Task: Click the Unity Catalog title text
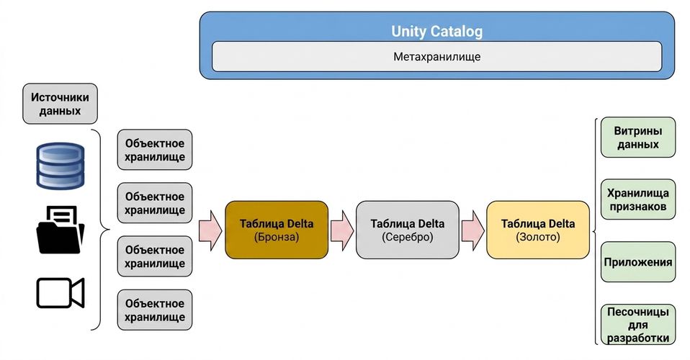point(437,31)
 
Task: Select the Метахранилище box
point(437,56)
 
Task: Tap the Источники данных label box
point(60,104)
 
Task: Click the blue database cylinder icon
point(61,166)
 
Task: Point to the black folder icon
point(60,230)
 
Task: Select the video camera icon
point(61,293)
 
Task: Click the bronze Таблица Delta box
point(277,230)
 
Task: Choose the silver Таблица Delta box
point(408,230)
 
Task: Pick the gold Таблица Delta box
point(538,230)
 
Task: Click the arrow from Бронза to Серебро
point(342,230)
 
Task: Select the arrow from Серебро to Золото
point(472,230)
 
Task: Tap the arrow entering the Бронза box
point(210,230)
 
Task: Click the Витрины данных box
point(638,138)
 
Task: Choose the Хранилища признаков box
point(638,199)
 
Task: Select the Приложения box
point(638,262)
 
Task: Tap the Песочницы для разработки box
point(638,324)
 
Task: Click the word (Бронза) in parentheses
point(277,237)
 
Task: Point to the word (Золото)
point(538,237)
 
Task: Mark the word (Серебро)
point(408,237)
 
